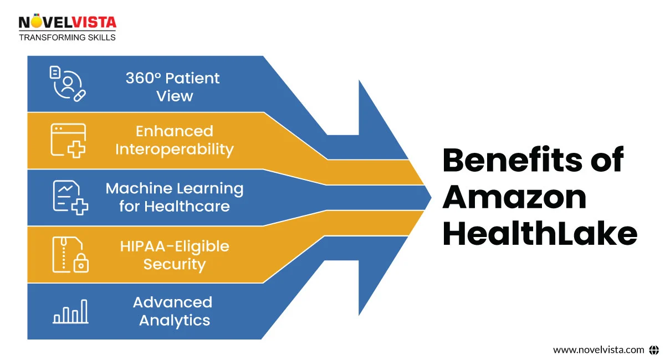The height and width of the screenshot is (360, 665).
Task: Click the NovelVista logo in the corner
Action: (x=68, y=23)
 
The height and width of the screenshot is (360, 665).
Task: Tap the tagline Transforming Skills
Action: (x=68, y=38)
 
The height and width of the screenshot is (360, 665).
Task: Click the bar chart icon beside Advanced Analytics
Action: (x=70, y=311)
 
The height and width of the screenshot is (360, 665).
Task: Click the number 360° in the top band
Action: (x=142, y=78)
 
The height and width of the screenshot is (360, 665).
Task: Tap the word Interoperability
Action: (x=175, y=150)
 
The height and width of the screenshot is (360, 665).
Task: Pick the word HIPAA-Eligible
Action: (x=175, y=246)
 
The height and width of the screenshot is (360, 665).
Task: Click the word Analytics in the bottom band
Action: (x=175, y=320)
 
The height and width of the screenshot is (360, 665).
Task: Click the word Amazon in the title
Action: (x=514, y=197)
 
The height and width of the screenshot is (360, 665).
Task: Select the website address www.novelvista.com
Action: (x=598, y=349)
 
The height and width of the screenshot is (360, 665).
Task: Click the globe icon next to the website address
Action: (x=654, y=349)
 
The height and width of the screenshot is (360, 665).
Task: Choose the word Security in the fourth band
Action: (x=175, y=264)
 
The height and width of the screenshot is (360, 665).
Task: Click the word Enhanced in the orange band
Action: (x=175, y=131)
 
